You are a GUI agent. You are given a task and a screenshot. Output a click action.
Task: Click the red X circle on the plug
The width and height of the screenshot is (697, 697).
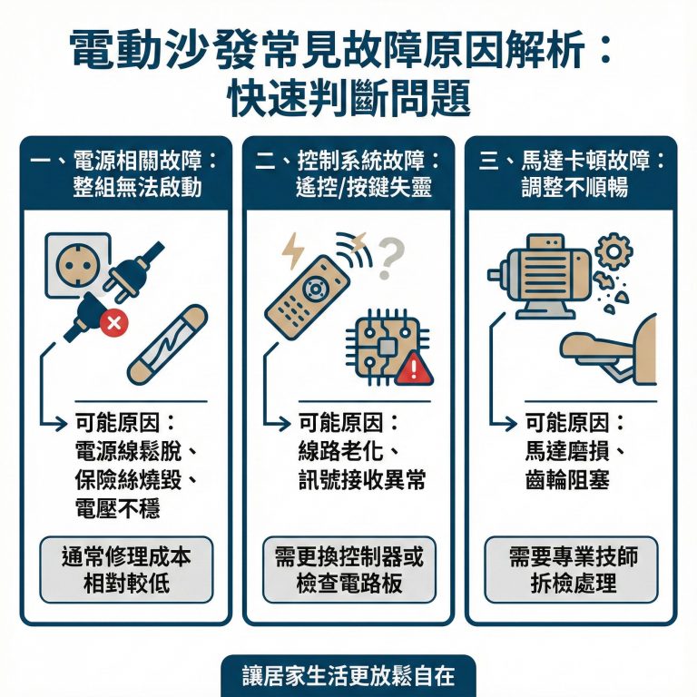(114, 321)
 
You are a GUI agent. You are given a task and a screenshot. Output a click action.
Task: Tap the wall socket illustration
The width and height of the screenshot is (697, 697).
(77, 264)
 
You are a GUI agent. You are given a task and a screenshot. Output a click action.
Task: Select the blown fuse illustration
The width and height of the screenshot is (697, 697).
(167, 344)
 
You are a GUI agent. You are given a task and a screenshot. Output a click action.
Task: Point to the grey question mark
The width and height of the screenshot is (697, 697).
(389, 257)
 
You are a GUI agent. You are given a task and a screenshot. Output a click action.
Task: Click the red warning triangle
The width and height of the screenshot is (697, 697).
(415, 366)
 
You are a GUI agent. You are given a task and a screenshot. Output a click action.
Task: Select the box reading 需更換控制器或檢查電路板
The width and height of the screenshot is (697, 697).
(348, 570)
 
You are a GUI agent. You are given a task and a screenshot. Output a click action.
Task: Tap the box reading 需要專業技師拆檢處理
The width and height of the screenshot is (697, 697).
(571, 570)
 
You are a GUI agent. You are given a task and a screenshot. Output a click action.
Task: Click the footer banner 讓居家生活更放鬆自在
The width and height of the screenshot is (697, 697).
(348, 676)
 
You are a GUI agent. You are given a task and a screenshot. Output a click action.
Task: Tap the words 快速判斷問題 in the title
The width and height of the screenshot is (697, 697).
(348, 98)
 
